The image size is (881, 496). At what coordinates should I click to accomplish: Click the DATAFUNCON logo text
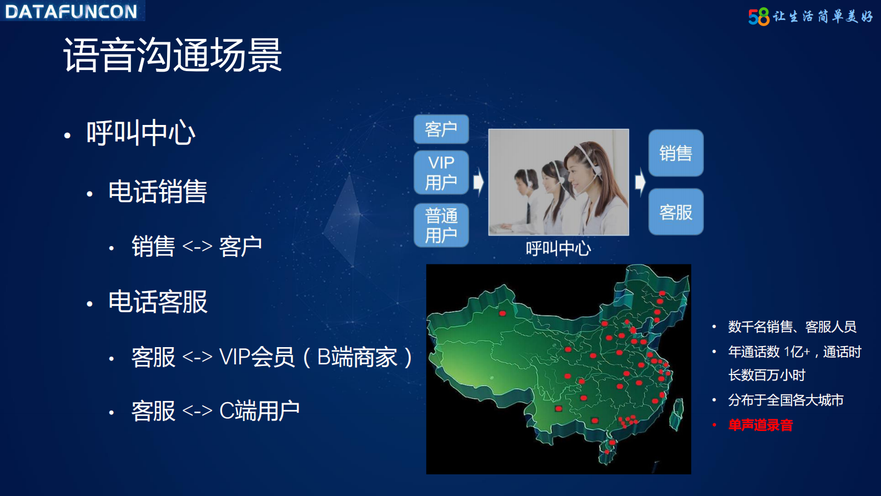pyautogui.click(x=71, y=11)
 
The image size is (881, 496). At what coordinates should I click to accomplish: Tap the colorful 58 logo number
pyautogui.click(x=758, y=17)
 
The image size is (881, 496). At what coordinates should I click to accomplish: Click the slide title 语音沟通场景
pyautogui.click(x=172, y=55)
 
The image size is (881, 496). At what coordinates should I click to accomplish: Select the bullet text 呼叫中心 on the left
pyautogui.click(x=140, y=133)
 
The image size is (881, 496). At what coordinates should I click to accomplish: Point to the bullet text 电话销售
pyautogui.click(x=157, y=192)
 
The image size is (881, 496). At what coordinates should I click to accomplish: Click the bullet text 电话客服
pyautogui.click(x=157, y=302)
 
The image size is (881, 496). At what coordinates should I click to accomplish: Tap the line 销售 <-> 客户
pyautogui.click(x=196, y=246)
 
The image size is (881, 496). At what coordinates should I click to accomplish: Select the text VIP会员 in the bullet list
pyautogui.click(x=256, y=357)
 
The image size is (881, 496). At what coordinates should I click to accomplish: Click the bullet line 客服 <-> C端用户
pyautogui.click(x=215, y=411)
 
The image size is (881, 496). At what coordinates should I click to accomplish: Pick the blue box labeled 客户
pyautogui.click(x=441, y=129)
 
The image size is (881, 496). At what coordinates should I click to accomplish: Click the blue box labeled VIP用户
pyautogui.click(x=441, y=172)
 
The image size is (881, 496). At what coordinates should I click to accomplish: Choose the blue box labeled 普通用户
pyautogui.click(x=441, y=225)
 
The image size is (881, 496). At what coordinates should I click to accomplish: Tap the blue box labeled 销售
pyautogui.click(x=676, y=153)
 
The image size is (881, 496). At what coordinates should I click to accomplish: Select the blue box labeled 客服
pyautogui.click(x=676, y=212)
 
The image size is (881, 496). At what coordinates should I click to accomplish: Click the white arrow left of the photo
pyautogui.click(x=478, y=182)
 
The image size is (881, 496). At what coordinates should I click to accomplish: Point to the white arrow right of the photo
pyautogui.click(x=640, y=182)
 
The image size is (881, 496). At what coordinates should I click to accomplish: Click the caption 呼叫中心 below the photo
pyautogui.click(x=558, y=248)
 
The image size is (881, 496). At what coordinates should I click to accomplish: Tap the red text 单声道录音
pyautogui.click(x=760, y=425)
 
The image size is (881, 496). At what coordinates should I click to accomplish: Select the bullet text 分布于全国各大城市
pyautogui.click(x=786, y=400)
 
